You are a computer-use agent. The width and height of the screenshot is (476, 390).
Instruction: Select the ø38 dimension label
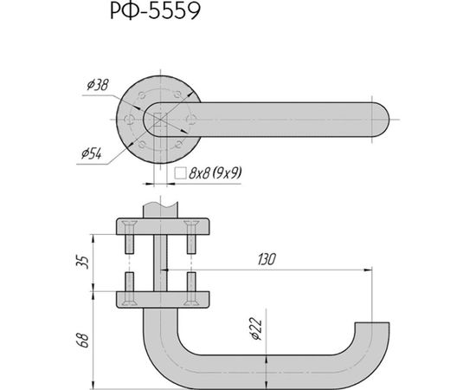(96, 85)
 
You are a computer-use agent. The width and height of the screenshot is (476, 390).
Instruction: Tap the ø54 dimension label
(93, 153)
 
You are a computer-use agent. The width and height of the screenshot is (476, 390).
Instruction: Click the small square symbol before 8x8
(179, 173)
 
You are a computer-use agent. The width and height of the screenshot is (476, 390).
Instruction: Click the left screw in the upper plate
(128, 237)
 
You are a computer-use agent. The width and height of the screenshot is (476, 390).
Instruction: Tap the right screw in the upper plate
(191, 237)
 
